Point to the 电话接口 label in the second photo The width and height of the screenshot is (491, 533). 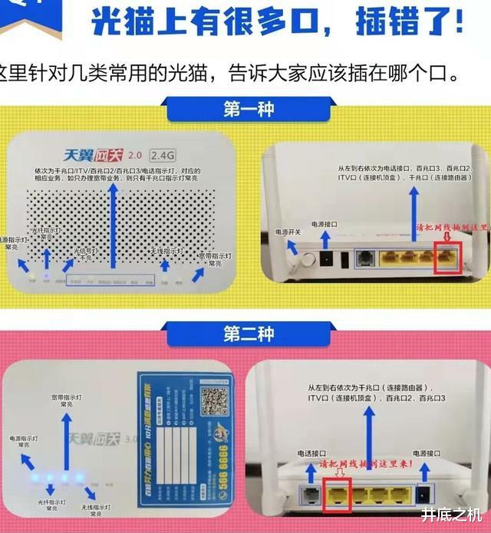tap(316, 454)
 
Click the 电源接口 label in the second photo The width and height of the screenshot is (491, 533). tap(427, 454)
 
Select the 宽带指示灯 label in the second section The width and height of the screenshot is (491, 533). tap(67, 401)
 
